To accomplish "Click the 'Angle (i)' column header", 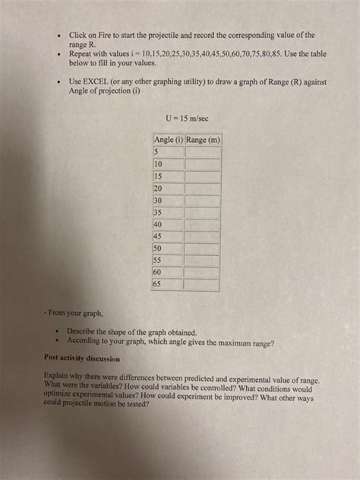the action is pos(168,140).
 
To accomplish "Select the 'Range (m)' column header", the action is pos(202,140).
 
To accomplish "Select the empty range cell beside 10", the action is pos(202,163).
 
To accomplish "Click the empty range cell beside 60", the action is pos(202,272).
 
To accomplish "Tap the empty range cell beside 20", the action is pos(202,188).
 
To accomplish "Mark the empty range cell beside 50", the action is pos(202,248).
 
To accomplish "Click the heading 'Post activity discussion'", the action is pos(83,357).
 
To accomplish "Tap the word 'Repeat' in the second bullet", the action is pos(81,55).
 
